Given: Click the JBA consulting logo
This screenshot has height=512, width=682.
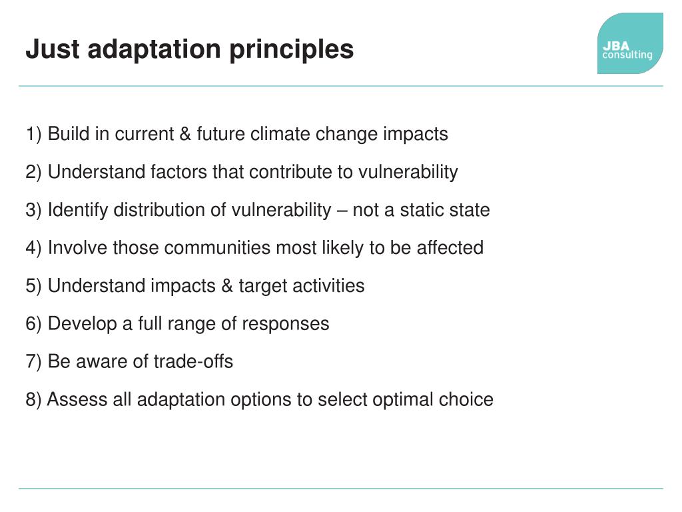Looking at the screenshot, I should pyautogui.click(x=629, y=44).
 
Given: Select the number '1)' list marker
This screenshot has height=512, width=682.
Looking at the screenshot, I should pyautogui.click(x=34, y=134).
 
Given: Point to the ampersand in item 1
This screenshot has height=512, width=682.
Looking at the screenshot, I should pyautogui.click(x=185, y=134).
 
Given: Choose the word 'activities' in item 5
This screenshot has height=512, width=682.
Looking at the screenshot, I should pyautogui.click(x=330, y=286).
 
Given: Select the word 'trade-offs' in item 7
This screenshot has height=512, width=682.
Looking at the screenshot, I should pyautogui.click(x=193, y=362).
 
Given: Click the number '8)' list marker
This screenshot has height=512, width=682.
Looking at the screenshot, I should pyautogui.click(x=34, y=400).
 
